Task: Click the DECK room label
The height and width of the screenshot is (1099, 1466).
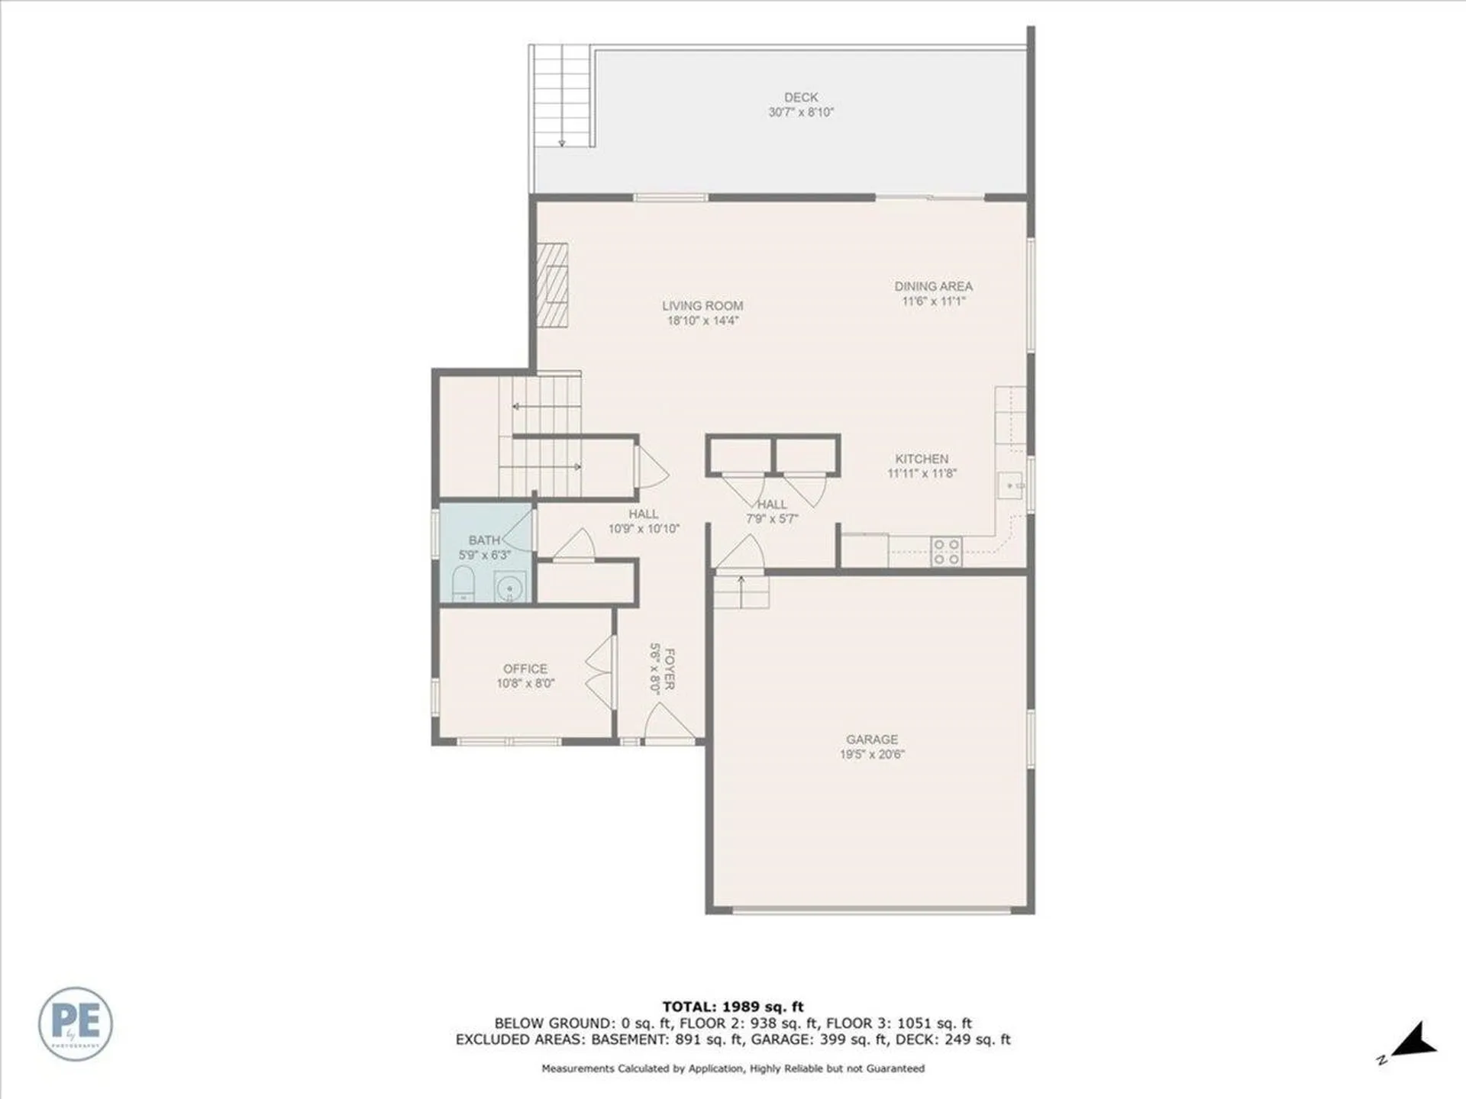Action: (x=800, y=98)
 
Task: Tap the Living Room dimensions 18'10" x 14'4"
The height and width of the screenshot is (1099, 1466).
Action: (x=702, y=321)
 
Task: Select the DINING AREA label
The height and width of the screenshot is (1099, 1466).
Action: (x=933, y=286)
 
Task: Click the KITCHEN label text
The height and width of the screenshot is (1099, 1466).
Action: (x=922, y=459)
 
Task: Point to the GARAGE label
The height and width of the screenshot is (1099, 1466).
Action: (x=871, y=740)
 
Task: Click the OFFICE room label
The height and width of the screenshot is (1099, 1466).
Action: (x=525, y=669)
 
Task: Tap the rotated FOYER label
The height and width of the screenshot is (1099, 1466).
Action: (x=669, y=669)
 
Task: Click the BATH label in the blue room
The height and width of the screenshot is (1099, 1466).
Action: (x=484, y=540)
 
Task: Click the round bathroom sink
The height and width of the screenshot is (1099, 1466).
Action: (x=509, y=588)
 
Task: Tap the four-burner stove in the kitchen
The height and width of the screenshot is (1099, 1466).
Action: (x=946, y=552)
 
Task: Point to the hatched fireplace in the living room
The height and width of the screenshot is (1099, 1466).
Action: (x=552, y=285)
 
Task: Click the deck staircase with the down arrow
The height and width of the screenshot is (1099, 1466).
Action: (x=561, y=95)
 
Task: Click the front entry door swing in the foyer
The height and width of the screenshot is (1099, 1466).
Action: (x=667, y=722)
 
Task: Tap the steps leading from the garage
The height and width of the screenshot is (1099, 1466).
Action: (x=741, y=592)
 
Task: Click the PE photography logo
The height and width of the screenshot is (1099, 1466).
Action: (x=76, y=1023)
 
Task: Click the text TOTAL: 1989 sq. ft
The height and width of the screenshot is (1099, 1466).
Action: (x=732, y=1007)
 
